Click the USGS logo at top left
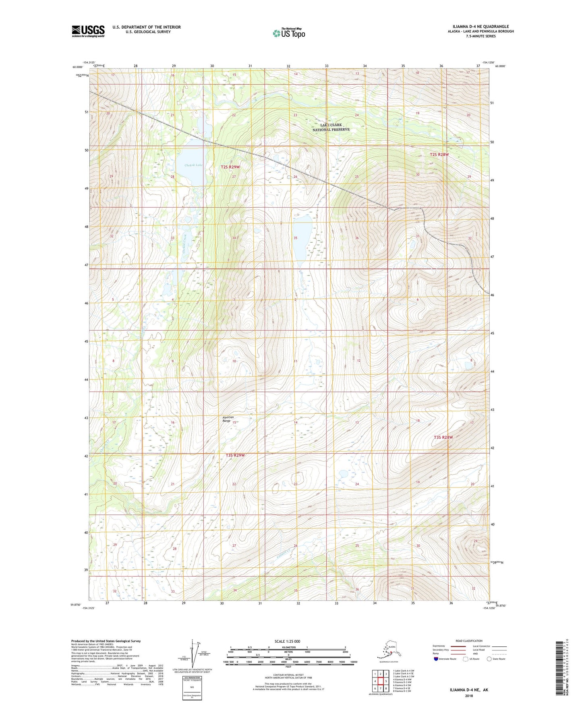tap(88, 31)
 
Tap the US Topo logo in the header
tap(288, 33)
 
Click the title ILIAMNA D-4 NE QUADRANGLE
tap(478, 27)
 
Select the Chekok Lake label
tap(193, 165)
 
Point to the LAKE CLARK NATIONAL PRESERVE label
tap(331, 127)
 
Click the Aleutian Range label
tap(228, 419)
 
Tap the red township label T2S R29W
tap(230, 167)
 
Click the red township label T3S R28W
tap(443, 437)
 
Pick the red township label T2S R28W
tap(439, 154)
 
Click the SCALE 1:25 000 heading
tap(287, 641)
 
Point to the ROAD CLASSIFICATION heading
tap(469, 641)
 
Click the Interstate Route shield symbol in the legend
tap(436, 659)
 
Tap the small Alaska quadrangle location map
tap(388, 652)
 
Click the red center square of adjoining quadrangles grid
tap(380, 681)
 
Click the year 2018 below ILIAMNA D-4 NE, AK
tap(469, 696)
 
